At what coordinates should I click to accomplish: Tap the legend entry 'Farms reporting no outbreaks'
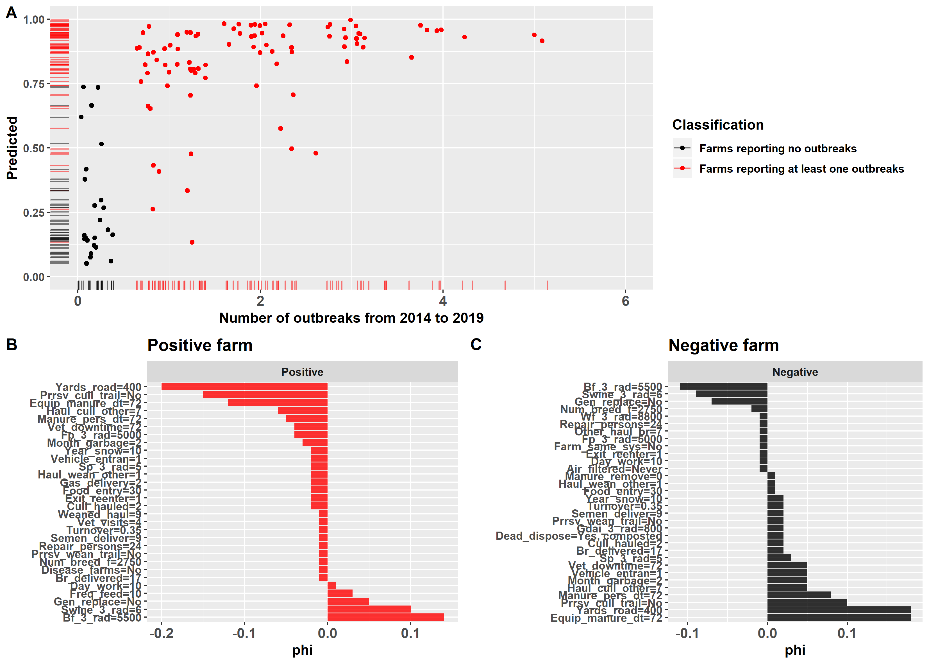click(777, 148)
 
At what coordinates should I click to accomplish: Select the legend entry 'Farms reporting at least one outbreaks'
click(801, 169)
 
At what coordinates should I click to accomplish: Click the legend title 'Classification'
click(718, 125)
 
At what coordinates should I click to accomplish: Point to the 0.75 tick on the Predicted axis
click(33, 84)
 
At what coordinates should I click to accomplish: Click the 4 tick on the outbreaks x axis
click(443, 301)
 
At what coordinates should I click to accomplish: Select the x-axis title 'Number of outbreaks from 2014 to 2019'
click(351, 318)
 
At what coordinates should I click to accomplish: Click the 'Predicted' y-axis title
click(12, 148)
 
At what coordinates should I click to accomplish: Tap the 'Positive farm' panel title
click(200, 345)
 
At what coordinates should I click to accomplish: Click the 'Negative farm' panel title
click(724, 345)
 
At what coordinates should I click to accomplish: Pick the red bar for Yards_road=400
click(244, 387)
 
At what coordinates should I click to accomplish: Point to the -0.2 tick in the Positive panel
click(162, 634)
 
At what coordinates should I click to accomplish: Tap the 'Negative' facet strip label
click(795, 372)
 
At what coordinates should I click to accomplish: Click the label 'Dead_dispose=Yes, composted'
click(578, 536)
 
